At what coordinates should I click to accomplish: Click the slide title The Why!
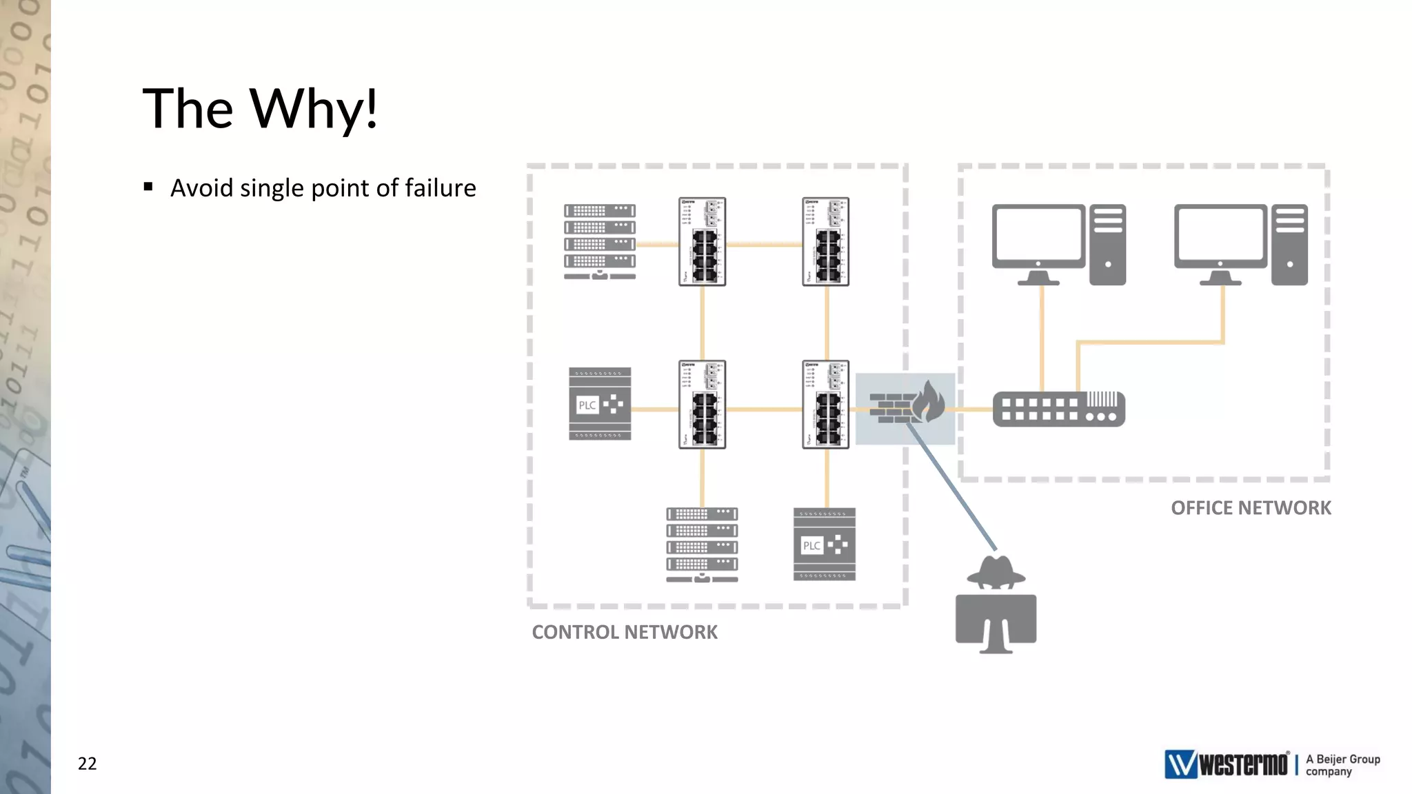[x=260, y=109]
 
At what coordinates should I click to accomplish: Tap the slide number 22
[x=87, y=763]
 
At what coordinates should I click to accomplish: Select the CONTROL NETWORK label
[x=624, y=632]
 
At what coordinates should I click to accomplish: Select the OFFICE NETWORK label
[x=1250, y=508]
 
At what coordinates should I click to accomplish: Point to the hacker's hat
[x=996, y=571]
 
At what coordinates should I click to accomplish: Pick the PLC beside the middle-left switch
[x=600, y=405]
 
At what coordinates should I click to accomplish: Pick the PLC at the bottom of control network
[x=824, y=544]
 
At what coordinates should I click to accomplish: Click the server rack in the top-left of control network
[x=599, y=241]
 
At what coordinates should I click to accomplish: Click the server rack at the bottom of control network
[x=702, y=544]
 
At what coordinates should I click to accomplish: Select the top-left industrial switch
[x=702, y=241]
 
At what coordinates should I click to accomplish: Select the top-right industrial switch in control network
[x=825, y=241]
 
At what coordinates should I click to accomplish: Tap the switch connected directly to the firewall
[x=825, y=405]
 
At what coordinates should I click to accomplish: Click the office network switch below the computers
[x=1058, y=409]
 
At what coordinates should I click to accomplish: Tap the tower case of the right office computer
[x=1289, y=244]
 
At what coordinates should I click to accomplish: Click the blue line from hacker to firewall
[x=951, y=487]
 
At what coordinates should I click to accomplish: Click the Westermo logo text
[x=1242, y=764]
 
